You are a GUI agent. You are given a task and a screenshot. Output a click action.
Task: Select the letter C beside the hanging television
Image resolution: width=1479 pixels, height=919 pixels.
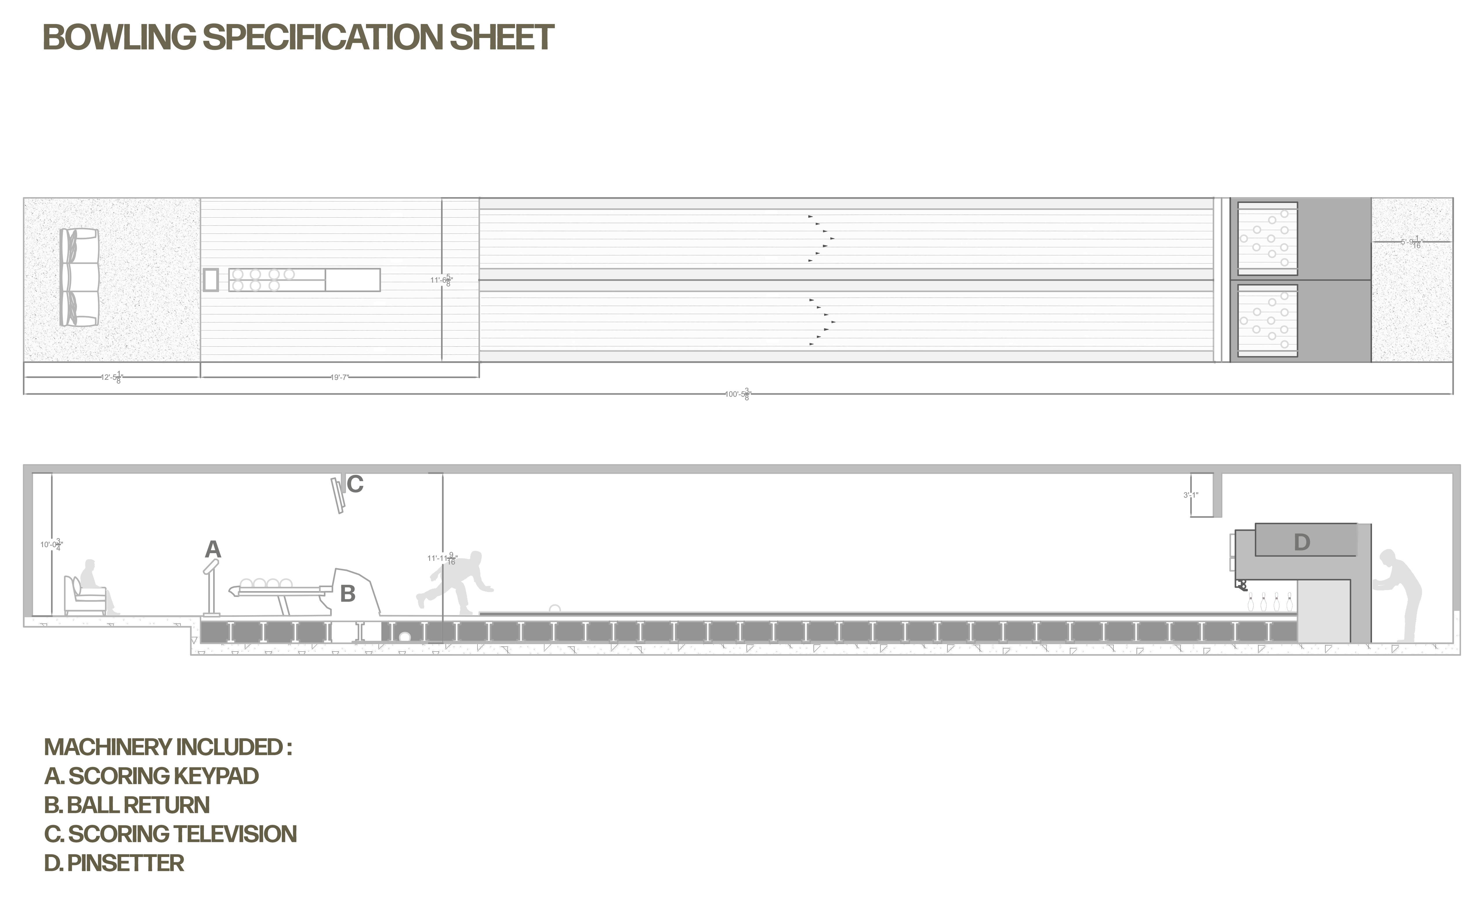click(355, 484)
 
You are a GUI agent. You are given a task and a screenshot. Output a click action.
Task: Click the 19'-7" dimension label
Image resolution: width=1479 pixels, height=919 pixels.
click(339, 377)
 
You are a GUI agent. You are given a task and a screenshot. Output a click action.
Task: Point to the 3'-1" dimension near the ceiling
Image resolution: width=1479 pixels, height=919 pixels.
click(1191, 495)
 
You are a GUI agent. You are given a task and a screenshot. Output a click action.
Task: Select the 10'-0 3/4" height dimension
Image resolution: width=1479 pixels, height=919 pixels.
click(51, 545)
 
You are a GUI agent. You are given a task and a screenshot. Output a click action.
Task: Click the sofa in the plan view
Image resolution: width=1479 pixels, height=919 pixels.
click(79, 277)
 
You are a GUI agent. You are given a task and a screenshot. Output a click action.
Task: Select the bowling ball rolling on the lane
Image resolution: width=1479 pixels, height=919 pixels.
click(554, 609)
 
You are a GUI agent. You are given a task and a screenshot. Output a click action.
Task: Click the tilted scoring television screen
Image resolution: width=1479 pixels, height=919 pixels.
click(337, 495)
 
